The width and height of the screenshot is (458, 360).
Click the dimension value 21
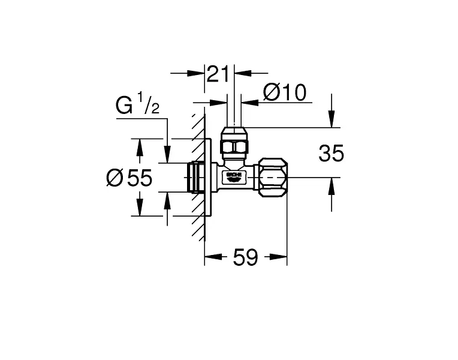pyautogui.click(x=218, y=75)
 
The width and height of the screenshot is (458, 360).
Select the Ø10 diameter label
pyautogui.click(x=285, y=92)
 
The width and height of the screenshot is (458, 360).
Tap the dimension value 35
pyautogui.click(x=332, y=153)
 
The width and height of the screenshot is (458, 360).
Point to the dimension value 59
pyautogui.click(x=245, y=257)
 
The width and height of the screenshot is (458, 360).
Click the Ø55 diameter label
pyautogui.click(x=129, y=177)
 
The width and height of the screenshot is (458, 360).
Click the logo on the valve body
pyautogui.click(x=234, y=177)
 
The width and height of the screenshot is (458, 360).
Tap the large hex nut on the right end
pyautogui.click(x=273, y=178)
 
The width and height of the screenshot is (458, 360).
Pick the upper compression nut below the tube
pyautogui.click(x=234, y=140)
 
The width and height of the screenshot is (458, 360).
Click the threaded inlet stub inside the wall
pyautogui.click(x=195, y=177)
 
